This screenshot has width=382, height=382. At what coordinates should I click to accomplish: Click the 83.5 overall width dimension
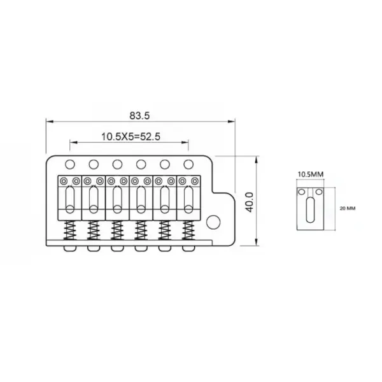pyautogui.click(x=139, y=115)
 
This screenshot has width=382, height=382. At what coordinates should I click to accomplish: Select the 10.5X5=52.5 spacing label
pyautogui.click(x=131, y=137)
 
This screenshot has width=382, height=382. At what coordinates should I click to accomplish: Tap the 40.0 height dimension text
pyautogui.click(x=250, y=202)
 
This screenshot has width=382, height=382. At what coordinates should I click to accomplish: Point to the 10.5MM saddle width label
pyautogui.click(x=311, y=174)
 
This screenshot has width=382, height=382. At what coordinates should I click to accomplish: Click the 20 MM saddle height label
pyautogui.click(x=348, y=208)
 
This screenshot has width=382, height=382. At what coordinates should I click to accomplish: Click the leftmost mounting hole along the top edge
pyautogui.click(x=70, y=164)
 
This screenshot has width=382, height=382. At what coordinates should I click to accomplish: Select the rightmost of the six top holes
pyautogui.click(x=188, y=164)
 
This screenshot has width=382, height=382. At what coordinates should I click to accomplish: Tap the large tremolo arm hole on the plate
pyautogui.click(x=213, y=222)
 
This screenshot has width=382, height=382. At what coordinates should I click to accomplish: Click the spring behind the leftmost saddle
pyautogui.click(x=70, y=230)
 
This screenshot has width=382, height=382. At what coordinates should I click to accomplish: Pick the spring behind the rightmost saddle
pyautogui.click(x=188, y=230)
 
